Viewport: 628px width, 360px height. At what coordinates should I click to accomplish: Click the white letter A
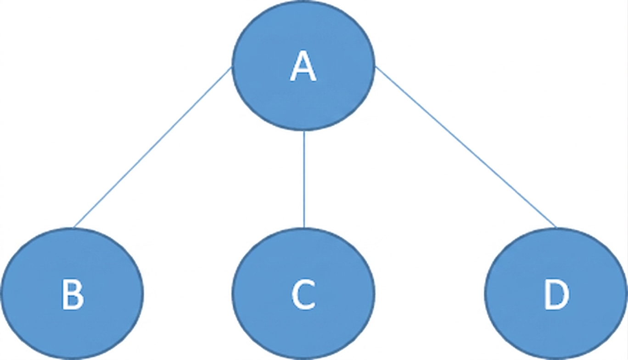[303, 66]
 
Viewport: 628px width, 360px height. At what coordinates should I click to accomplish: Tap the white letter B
[73, 294]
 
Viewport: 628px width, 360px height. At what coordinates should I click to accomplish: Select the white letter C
[303, 294]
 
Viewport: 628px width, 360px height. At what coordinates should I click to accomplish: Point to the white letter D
[556, 294]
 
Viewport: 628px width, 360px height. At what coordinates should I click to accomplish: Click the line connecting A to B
[152, 147]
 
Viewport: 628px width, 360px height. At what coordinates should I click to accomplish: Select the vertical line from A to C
[304, 179]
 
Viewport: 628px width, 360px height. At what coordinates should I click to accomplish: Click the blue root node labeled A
[303, 66]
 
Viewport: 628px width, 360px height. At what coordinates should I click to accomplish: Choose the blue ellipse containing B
[73, 294]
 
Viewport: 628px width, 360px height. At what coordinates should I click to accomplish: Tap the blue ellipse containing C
[303, 294]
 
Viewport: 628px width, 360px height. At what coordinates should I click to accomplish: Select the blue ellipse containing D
[556, 294]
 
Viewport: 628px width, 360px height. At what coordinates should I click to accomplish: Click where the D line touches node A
[375, 67]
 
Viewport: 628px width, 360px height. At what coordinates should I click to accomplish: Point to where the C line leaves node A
[304, 131]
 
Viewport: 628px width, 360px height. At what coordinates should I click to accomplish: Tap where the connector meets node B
[73, 228]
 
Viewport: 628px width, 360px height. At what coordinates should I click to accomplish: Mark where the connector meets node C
[304, 228]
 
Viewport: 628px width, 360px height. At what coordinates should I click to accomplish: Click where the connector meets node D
[556, 228]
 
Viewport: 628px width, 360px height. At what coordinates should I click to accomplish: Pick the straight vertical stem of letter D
[547, 294]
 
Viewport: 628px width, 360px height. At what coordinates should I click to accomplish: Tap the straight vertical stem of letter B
[64, 294]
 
